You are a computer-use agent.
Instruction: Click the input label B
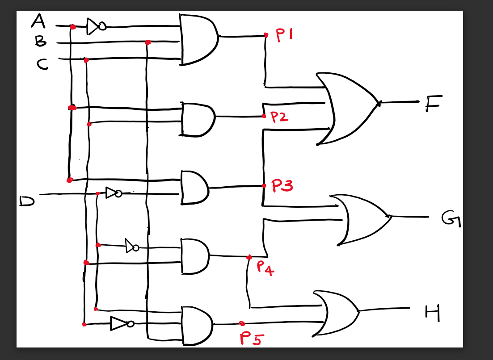coord(41,42)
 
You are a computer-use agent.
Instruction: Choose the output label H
coord(432,312)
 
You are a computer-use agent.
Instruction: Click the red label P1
coord(284,36)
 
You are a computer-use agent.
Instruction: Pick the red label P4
coord(265,268)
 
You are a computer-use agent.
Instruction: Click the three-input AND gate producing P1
coord(197,39)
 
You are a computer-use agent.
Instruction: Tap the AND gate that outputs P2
coord(197,119)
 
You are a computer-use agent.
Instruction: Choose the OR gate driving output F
coord(349,108)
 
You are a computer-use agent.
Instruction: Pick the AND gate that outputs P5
coord(197,325)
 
